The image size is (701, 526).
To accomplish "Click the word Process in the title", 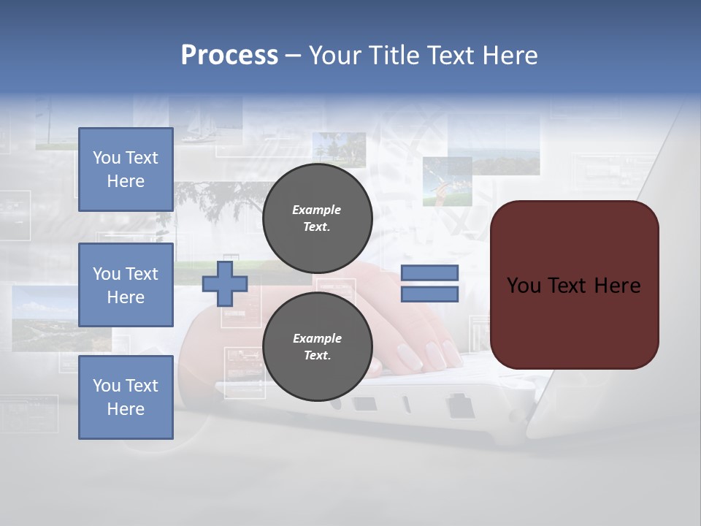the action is [x=229, y=55].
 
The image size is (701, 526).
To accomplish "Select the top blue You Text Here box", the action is [x=126, y=169].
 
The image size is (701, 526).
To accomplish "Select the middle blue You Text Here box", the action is [x=126, y=285].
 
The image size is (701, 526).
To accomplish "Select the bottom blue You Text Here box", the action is [x=126, y=397].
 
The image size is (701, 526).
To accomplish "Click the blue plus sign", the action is [x=224, y=283].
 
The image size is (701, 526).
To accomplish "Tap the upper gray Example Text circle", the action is [x=317, y=218].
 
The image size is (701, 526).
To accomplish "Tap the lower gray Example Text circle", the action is [x=317, y=347].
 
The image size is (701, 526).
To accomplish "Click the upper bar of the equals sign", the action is [x=429, y=272].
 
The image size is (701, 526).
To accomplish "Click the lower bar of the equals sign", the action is [x=429, y=294].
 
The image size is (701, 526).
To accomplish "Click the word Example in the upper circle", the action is [x=317, y=210].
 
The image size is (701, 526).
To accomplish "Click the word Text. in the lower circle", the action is [x=317, y=356].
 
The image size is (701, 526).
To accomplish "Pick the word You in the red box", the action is [x=523, y=286].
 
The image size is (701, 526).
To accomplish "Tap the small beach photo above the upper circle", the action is [x=339, y=149].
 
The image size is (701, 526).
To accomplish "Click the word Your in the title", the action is [x=334, y=56].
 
